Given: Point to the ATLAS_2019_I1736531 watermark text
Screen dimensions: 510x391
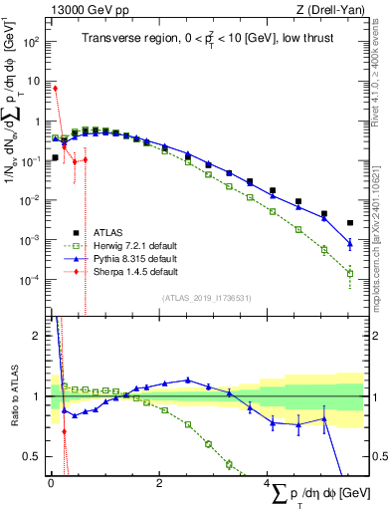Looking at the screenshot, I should [x=206, y=298].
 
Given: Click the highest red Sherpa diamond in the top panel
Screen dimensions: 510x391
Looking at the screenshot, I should [x=55, y=88].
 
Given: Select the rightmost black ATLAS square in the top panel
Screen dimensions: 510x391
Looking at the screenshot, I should [x=349, y=223].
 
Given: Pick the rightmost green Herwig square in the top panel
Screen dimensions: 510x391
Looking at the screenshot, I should [x=349, y=273].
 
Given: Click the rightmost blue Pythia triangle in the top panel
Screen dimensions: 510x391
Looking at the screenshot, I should [x=349, y=242].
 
